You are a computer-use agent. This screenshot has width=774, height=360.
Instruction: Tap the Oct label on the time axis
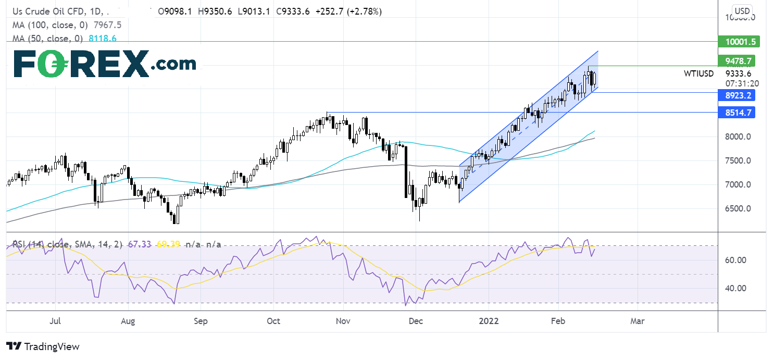pos(273,321)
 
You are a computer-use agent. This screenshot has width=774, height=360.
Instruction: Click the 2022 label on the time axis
pos(489,321)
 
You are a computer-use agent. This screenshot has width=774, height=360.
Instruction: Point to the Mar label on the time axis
pos(637,321)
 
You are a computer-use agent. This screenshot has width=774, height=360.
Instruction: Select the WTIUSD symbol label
pos(698,74)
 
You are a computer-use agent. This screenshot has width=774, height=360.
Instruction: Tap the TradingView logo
pos(43,346)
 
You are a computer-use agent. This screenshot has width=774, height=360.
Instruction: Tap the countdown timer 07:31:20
pos(742,83)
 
